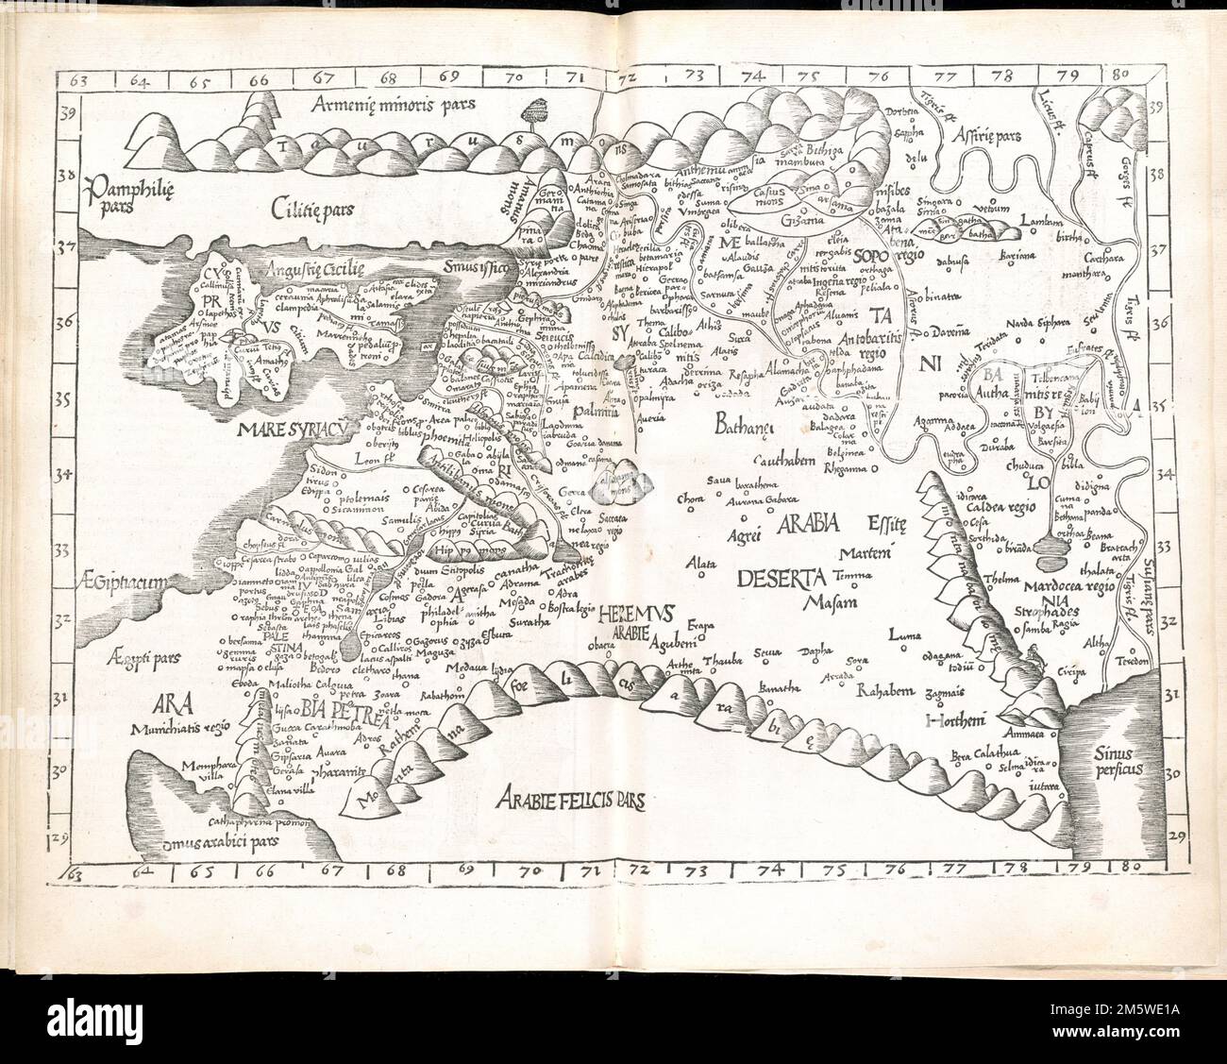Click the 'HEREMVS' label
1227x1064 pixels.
634,614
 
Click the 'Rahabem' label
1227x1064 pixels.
885,691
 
